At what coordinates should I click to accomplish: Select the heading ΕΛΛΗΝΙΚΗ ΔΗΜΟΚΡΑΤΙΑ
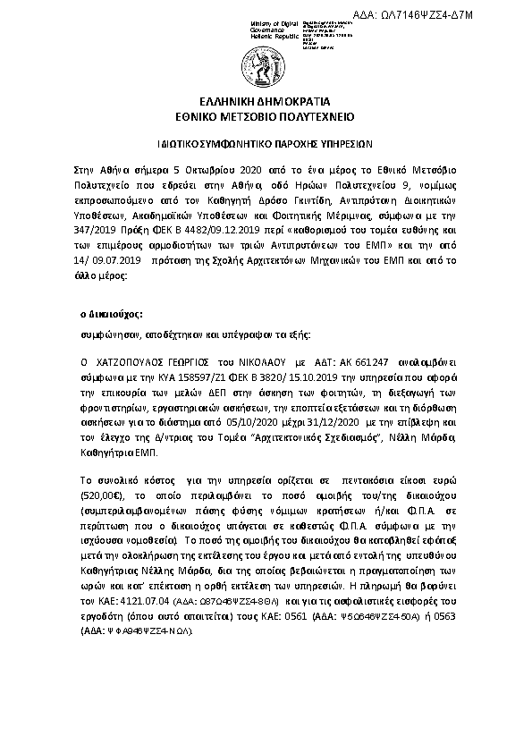[266, 102]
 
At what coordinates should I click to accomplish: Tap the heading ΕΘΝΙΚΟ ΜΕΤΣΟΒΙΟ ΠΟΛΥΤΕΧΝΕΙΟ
[266, 116]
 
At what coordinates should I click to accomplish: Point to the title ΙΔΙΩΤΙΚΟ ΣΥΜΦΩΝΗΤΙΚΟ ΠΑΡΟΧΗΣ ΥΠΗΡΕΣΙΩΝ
[266, 142]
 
